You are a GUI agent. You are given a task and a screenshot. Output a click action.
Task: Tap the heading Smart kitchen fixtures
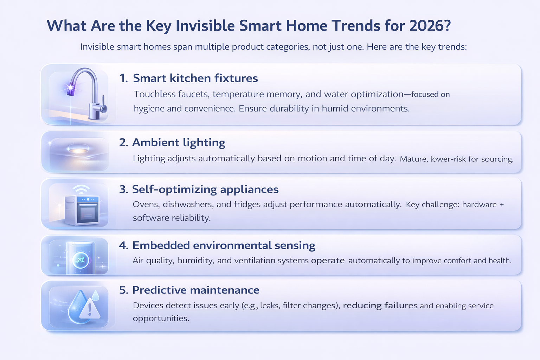click(195, 78)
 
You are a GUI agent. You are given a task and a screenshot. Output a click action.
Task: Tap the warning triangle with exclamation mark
click(90, 309)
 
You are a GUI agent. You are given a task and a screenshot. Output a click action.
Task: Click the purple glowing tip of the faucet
click(71, 88)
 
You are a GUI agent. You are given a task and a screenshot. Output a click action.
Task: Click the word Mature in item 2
click(413, 159)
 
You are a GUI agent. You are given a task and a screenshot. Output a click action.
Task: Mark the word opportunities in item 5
click(161, 319)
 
